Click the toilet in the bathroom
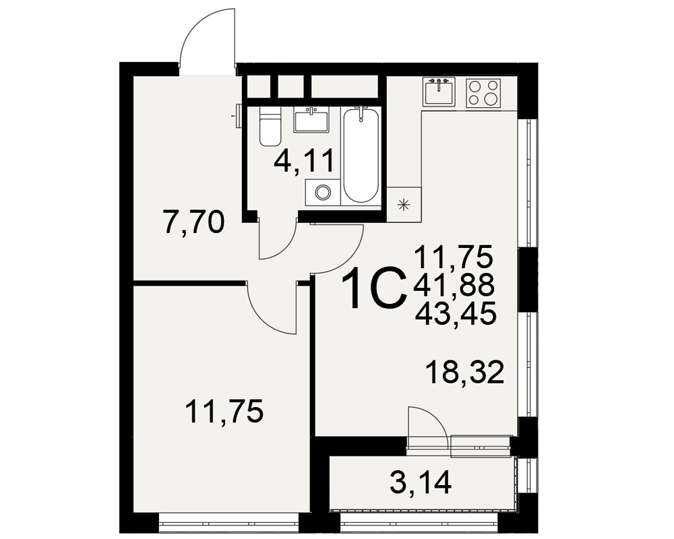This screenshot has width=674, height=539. coord(270,126)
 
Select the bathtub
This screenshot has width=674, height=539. coord(361,155)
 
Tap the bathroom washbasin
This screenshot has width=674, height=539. coord(310,120)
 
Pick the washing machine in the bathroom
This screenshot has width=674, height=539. coord(322,192)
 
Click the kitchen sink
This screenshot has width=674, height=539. coord(439,92)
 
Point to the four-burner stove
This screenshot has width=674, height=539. coord(483,93)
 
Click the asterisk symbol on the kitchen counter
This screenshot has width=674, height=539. coord(404,205)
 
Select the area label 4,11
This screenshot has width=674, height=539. coord(305,161)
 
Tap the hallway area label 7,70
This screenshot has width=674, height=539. coord(194,222)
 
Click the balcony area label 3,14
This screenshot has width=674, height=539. coord(421,482)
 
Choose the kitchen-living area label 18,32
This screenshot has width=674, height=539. coord(464,372)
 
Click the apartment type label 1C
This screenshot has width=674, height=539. coord(374,288)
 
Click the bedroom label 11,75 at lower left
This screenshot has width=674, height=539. coord(224,411)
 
